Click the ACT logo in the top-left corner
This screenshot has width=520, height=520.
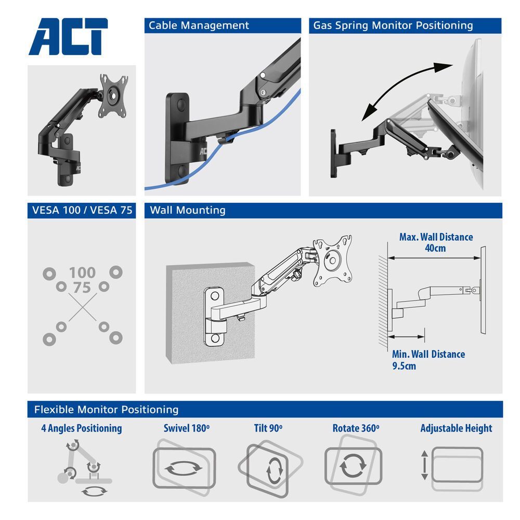point(68,37)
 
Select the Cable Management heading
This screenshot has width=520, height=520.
point(199,25)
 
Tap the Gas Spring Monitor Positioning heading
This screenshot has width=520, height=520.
point(393,25)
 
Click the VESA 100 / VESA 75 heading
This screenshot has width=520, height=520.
point(82,211)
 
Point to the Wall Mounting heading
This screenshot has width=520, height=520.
point(188,211)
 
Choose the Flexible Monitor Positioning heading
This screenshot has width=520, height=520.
point(106,409)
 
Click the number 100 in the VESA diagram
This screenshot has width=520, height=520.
point(82,272)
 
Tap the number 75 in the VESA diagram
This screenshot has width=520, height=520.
point(82,288)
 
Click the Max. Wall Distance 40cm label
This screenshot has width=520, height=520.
point(436,242)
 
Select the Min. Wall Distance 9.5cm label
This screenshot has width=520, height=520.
point(428,359)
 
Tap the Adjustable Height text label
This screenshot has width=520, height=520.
point(456,428)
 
